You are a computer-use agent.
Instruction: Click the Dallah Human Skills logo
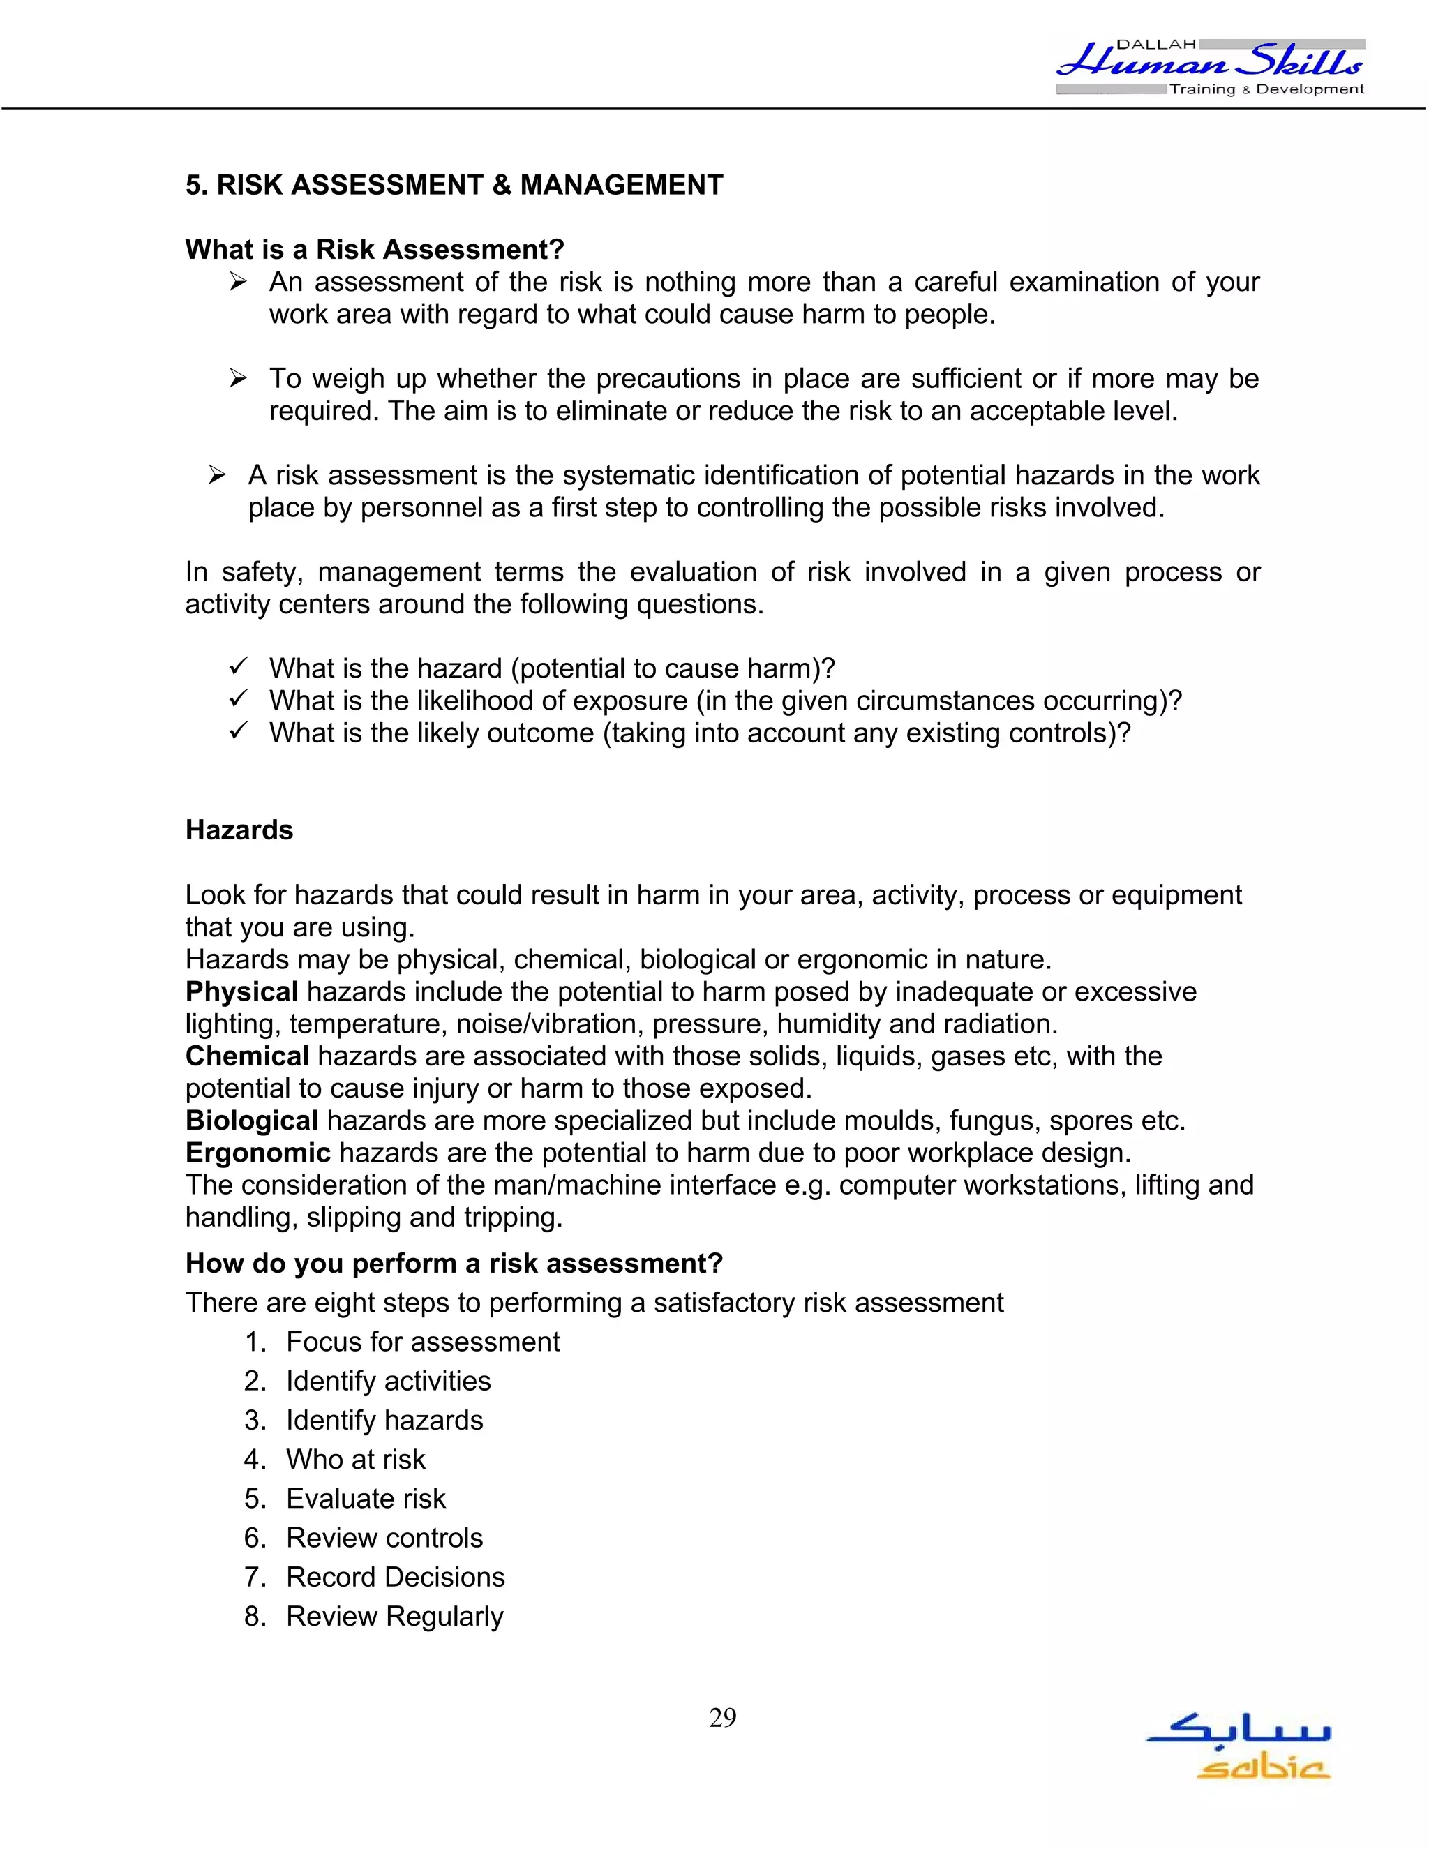[x=1211, y=66]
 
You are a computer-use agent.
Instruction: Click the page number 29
[x=722, y=1718]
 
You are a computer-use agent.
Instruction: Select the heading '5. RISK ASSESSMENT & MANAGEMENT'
[x=454, y=185]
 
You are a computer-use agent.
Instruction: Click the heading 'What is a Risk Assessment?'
[x=374, y=249]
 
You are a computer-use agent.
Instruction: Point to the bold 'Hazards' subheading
[x=239, y=830]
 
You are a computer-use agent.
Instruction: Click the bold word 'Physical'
[x=241, y=991]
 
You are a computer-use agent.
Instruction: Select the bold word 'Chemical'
[x=247, y=1056]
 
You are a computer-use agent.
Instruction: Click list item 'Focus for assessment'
[x=422, y=1342]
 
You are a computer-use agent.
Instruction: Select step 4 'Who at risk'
[x=356, y=1460]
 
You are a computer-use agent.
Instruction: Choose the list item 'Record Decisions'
[x=396, y=1578]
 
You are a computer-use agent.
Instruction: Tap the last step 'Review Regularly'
[x=394, y=1616]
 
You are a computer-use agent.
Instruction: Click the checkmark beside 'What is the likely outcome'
[x=238, y=731]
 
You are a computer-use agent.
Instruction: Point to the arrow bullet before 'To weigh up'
[x=238, y=378]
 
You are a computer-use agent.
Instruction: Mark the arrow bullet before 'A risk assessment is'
[x=217, y=476]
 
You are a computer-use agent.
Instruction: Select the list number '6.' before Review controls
[x=255, y=1539]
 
